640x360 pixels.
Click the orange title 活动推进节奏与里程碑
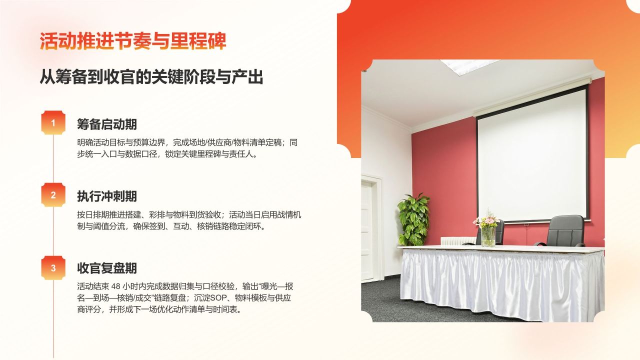(x=133, y=41)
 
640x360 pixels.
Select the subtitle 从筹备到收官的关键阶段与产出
(x=151, y=77)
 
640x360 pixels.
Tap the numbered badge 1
(x=53, y=123)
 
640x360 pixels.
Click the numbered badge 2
(x=53, y=195)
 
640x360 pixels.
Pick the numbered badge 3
(x=53, y=268)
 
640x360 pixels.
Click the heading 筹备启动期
(x=107, y=124)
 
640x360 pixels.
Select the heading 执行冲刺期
(x=107, y=196)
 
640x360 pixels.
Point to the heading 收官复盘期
(x=107, y=268)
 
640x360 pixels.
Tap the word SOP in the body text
(x=218, y=298)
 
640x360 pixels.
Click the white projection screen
(x=531, y=155)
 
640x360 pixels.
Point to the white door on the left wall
(x=367, y=230)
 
